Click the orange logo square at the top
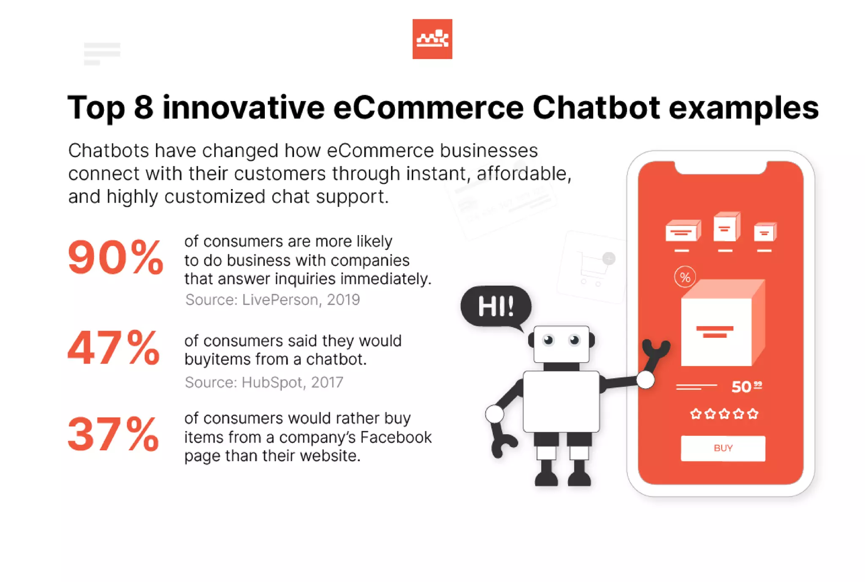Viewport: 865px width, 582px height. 432,39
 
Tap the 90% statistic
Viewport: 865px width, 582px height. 115,257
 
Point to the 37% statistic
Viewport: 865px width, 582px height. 113,434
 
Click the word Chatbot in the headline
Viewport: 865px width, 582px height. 596,108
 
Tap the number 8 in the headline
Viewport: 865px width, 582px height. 144,108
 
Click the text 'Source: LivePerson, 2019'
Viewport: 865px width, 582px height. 272,299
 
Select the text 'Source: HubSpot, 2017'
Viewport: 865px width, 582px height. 264,382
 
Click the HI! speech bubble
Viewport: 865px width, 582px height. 495,306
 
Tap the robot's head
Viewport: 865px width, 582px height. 561,343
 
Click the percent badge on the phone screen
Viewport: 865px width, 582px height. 685,277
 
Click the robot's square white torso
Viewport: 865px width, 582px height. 561,401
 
